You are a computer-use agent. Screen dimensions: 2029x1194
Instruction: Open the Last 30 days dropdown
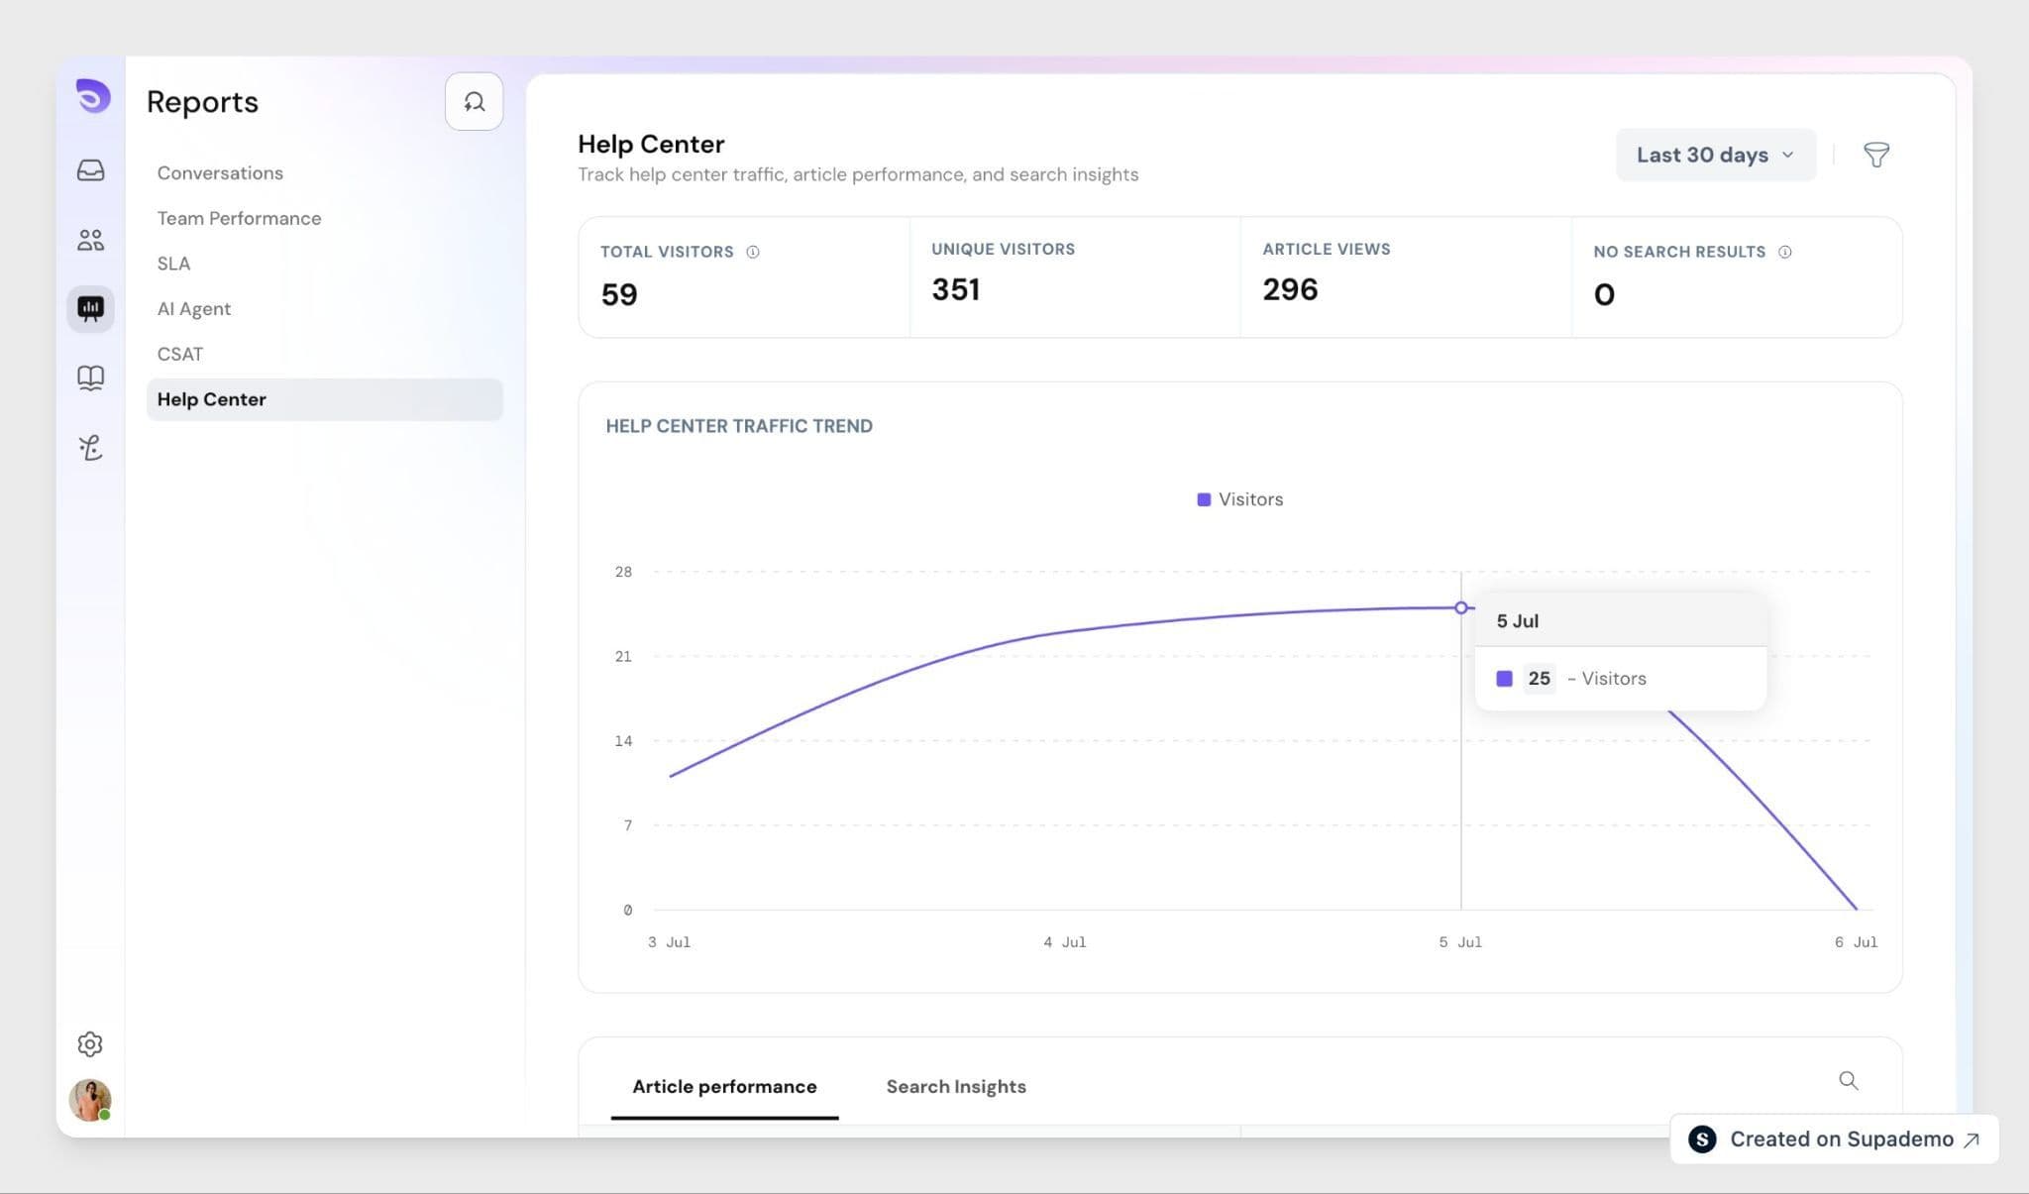point(1715,155)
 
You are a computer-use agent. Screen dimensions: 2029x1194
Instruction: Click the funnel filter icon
point(1875,155)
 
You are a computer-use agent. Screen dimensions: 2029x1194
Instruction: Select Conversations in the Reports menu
point(220,172)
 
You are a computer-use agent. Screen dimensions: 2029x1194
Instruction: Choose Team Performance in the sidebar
point(239,218)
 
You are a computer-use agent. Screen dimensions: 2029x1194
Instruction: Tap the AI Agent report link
point(193,308)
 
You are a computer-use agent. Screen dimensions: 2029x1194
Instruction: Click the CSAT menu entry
point(179,354)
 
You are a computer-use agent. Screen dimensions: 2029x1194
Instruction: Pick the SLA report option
point(173,264)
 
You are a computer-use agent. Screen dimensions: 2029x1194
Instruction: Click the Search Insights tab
point(955,1086)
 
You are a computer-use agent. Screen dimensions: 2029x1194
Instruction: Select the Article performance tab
point(724,1086)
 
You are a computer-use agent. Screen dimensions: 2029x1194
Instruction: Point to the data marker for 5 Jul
point(1460,607)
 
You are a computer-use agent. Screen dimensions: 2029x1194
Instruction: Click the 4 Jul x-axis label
point(1064,942)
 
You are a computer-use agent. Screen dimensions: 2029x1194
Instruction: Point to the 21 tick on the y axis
point(623,656)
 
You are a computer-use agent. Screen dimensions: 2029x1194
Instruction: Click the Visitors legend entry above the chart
point(1239,499)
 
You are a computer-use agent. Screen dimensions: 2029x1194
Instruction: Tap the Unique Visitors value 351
point(955,289)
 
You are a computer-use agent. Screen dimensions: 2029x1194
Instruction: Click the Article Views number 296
point(1290,289)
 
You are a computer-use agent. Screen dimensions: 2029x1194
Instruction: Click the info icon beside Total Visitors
point(753,252)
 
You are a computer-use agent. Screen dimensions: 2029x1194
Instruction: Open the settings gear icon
point(90,1043)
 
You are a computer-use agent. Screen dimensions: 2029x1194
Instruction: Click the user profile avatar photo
point(90,1100)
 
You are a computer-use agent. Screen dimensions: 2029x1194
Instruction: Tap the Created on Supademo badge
point(1834,1140)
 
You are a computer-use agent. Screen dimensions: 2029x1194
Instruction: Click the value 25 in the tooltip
point(1539,679)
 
